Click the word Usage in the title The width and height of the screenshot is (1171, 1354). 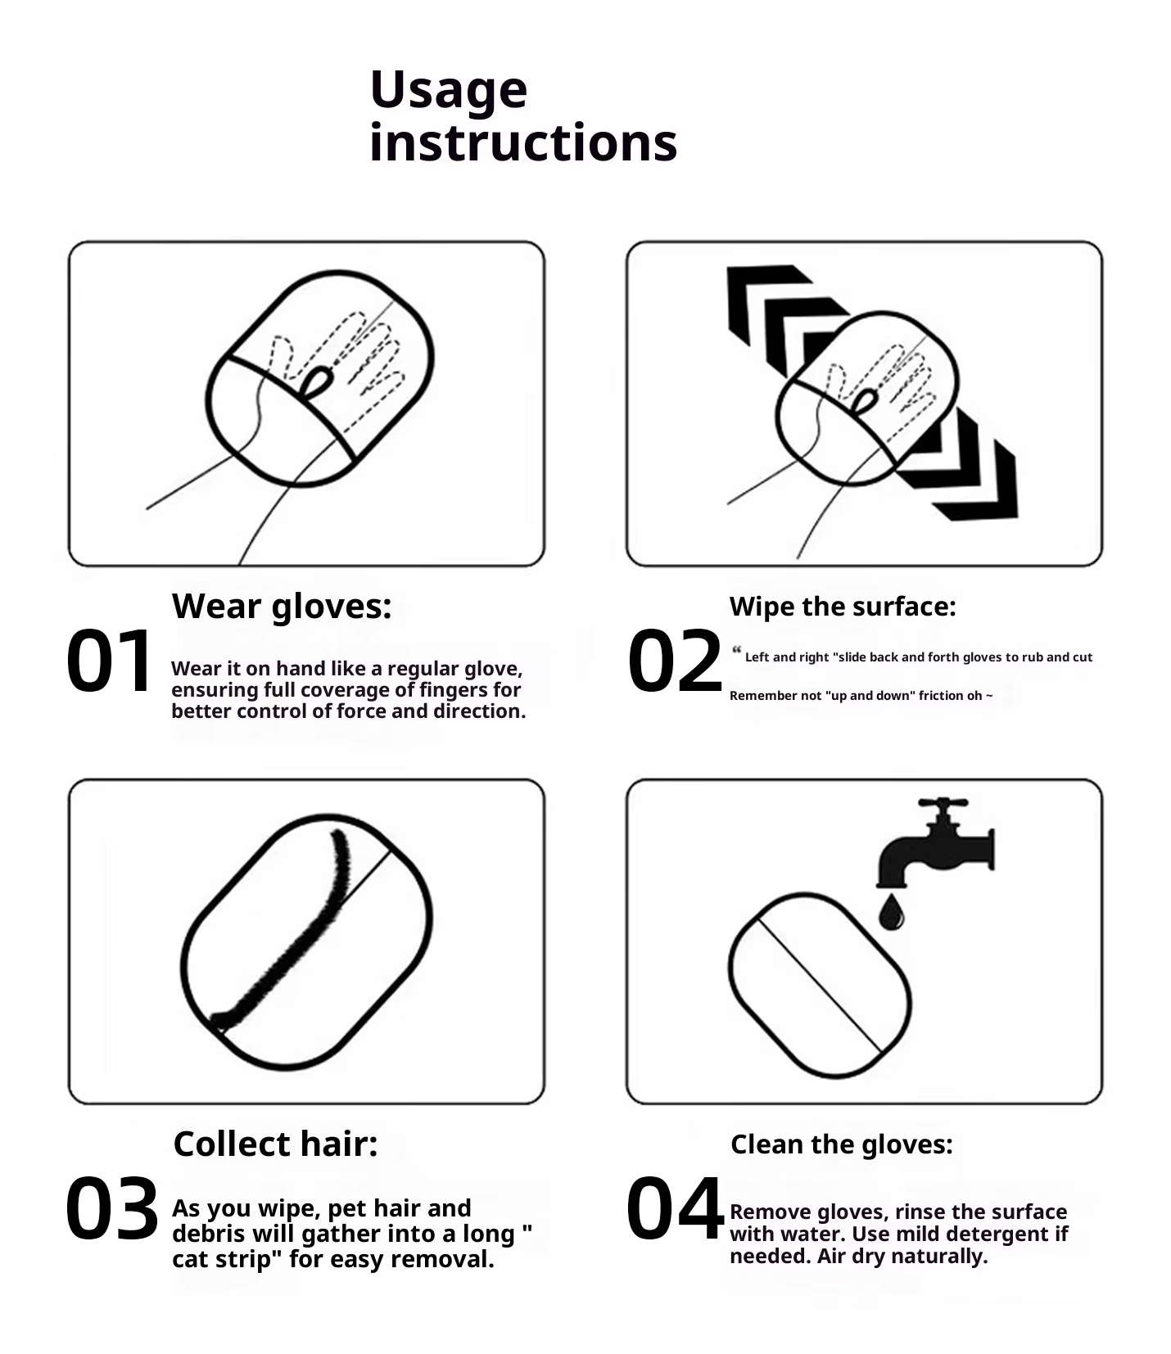[449, 91]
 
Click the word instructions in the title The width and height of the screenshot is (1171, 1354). [523, 142]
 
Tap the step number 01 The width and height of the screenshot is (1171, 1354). [109, 661]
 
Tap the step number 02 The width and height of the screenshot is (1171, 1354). [675, 661]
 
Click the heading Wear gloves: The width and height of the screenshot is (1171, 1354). [282, 607]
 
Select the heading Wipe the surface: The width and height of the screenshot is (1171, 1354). [843, 607]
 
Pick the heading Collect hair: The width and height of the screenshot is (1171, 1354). [276, 1144]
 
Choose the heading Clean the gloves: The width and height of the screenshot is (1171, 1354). [842, 1144]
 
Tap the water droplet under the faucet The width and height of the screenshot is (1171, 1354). [891, 913]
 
